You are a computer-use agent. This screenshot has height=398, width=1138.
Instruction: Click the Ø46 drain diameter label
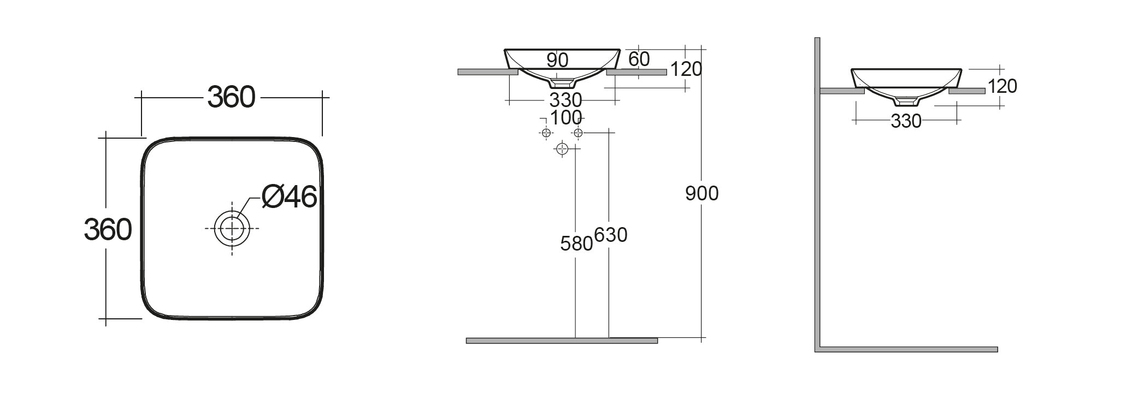click(x=289, y=197)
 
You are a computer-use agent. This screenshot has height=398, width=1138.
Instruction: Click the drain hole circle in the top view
click(x=232, y=228)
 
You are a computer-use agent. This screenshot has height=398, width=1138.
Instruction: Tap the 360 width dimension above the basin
click(x=231, y=98)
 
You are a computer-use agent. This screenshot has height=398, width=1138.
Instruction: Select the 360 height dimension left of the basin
click(x=108, y=229)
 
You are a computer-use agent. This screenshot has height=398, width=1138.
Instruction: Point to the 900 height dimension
click(x=701, y=193)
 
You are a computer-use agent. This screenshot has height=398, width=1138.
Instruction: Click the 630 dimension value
click(x=610, y=235)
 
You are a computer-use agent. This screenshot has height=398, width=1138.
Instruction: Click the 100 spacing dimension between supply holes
click(x=565, y=117)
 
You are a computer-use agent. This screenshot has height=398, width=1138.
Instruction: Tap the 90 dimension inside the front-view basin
click(x=557, y=60)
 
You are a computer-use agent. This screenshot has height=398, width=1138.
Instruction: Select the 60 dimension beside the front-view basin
click(x=639, y=59)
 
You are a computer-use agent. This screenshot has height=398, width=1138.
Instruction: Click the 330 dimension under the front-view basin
click(x=565, y=100)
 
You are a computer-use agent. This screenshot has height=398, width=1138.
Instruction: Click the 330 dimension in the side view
click(x=906, y=121)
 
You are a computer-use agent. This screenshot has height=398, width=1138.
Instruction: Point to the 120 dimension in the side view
click(x=1002, y=86)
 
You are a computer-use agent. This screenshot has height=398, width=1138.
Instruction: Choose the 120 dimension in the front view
click(x=686, y=69)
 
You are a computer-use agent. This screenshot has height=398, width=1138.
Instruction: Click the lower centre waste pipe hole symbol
click(x=562, y=148)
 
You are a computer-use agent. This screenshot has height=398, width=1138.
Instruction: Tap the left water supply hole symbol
click(x=545, y=133)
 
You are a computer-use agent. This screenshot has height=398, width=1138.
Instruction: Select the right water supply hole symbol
click(x=579, y=133)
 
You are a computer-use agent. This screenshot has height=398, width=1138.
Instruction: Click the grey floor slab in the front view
click(x=561, y=341)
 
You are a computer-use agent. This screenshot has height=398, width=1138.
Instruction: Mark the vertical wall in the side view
click(x=817, y=191)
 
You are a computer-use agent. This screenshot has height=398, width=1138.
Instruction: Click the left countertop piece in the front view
click(x=487, y=72)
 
